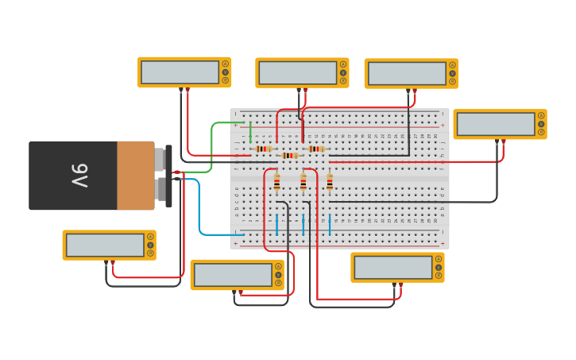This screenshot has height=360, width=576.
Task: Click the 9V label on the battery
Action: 79,176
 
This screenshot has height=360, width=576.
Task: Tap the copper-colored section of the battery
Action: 135,176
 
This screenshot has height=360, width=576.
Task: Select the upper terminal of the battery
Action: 161,159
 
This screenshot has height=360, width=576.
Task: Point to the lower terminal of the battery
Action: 161,190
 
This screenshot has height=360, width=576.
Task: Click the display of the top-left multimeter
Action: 180,72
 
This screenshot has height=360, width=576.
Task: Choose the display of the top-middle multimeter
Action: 298,72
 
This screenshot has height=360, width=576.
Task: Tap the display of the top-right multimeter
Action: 407,73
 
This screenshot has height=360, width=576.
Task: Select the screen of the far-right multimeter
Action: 496,124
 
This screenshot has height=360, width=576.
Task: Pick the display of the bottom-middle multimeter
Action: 233,275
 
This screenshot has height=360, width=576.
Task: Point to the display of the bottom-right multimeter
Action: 393,267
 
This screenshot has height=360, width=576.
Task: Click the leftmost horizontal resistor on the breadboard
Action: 264,149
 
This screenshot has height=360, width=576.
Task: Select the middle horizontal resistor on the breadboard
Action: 290,156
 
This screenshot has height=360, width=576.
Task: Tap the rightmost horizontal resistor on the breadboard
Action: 316,149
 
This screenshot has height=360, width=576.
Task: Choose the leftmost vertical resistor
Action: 276,183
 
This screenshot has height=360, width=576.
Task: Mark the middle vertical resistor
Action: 303,183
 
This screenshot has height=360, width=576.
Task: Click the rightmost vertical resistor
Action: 330,183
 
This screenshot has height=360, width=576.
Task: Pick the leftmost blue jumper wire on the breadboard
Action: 276,223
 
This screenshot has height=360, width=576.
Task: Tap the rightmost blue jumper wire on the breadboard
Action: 330,223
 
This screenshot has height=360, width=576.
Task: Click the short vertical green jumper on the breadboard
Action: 250,132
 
